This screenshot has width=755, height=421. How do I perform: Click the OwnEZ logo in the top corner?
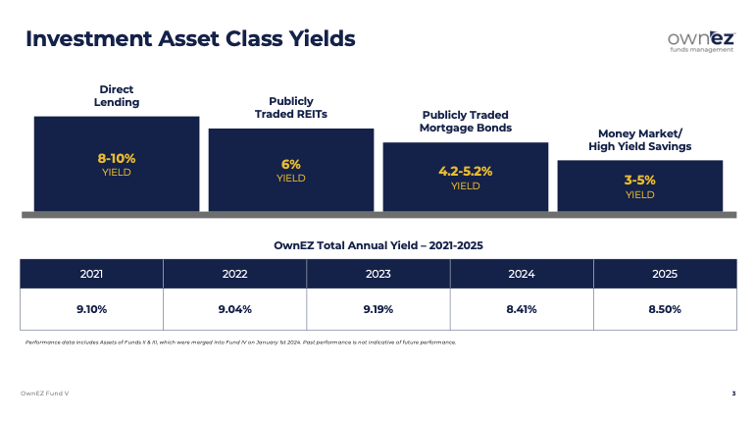(x=701, y=42)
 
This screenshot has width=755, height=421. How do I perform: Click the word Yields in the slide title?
(x=323, y=38)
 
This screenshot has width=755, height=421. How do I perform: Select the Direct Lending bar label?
(x=117, y=96)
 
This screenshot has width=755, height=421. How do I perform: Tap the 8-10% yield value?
(x=117, y=158)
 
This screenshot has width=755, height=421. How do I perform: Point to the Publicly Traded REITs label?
(x=291, y=107)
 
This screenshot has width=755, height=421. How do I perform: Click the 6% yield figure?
(x=291, y=164)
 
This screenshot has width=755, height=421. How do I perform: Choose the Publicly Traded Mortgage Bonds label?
(x=466, y=122)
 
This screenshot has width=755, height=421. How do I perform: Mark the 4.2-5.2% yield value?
(x=466, y=171)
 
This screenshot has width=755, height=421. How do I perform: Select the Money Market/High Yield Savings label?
(x=640, y=139)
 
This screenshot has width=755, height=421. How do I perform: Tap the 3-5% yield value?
(x=640, y=181)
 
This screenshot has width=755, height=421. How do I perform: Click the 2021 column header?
(x=91, y=274)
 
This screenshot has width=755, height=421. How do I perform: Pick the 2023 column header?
(x=377, y=274)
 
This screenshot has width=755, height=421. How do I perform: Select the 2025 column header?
(x=665, y=274)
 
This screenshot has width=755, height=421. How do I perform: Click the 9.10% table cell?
(x=91, y=309)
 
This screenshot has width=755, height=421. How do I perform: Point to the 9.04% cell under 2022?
(x=235, y=309)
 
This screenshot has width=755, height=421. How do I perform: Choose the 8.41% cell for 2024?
(x=522, y=309)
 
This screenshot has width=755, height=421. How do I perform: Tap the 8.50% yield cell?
(x=665, y=309)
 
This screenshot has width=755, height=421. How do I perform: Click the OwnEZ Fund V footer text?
(x=45, y=394)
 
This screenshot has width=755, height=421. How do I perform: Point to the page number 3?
(x=733, y=394)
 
